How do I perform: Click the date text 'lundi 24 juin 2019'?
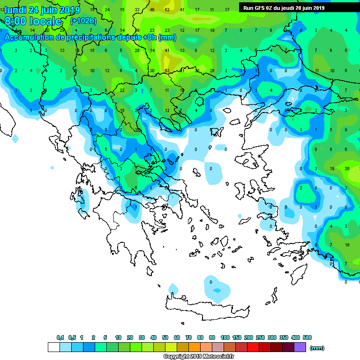[x=42, y=10]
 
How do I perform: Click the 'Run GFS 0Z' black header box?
[x=284, y=8]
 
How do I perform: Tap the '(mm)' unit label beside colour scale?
[x=317, y=347]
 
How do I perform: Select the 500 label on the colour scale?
[x=307, y=337]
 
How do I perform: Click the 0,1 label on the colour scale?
[x=60, y=337]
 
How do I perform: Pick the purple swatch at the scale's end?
[x=300, y=347]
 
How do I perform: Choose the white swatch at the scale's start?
[x=53, y=347]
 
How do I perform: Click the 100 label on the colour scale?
[x=225, y=337]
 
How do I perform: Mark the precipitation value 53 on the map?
[x=166, y=70]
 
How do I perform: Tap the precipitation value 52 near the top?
[x=167, y=9]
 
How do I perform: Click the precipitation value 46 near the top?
[x=152, y=9]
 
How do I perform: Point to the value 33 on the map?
[x=137, y=9]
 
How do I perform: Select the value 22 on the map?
[x=122, y=90]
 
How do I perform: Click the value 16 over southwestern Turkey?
[x=347, y=245]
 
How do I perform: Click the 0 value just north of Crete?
[x=211, y=282]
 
